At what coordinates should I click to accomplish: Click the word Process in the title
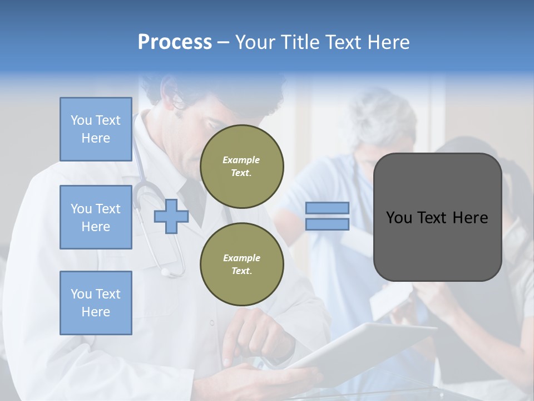coord(175,42)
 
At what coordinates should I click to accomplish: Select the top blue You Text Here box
coord(96,129)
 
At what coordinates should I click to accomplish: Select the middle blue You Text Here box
coord(96,217)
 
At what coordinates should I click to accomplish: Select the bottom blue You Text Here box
coord(96,303)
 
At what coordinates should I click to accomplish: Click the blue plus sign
coord(171,216)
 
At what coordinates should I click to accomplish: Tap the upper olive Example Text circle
coord(241,167)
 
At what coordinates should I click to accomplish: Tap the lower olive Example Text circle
coord(241,265)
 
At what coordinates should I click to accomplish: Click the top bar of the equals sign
coord(328,208)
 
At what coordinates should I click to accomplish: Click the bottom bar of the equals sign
coord(328,224)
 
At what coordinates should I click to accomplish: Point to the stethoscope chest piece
coord(165,272)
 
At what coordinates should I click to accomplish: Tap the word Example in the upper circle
coord(241,160)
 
